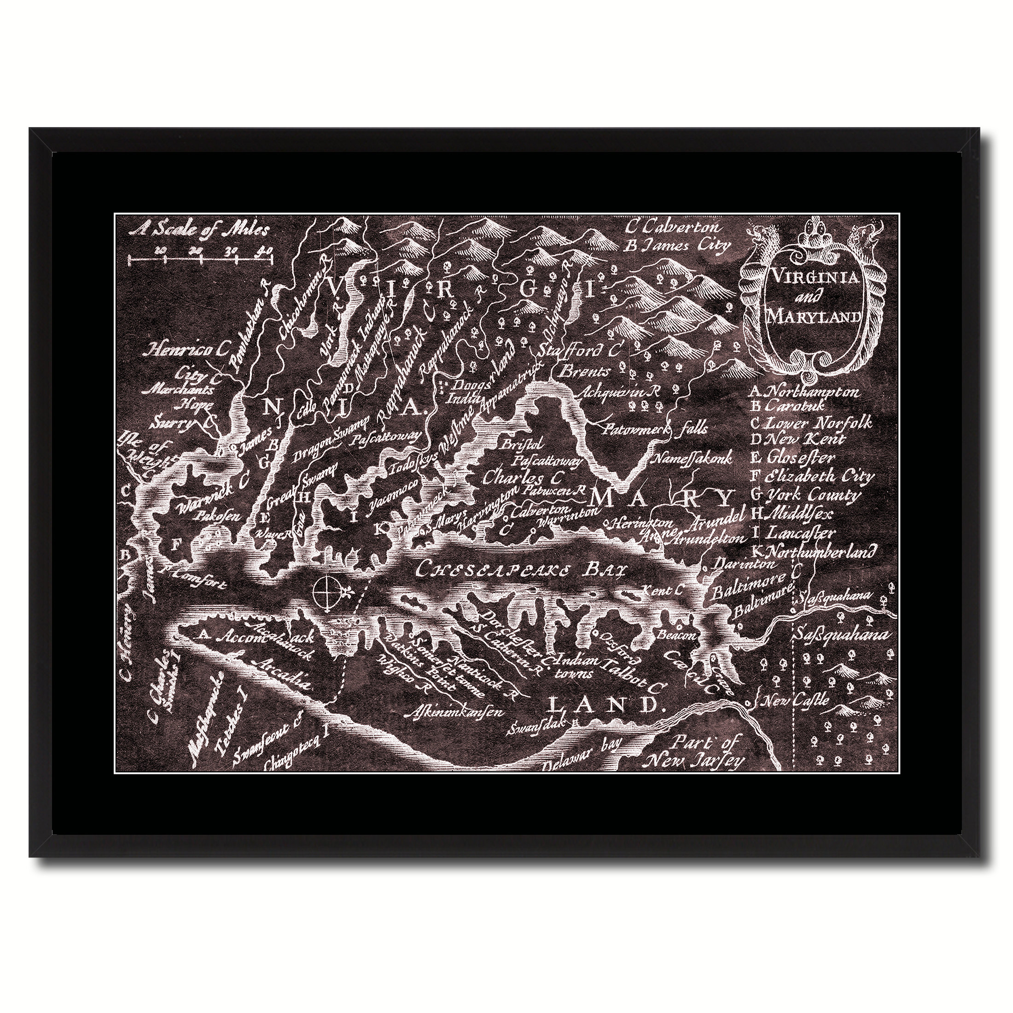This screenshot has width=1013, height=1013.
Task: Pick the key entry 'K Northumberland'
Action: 821,551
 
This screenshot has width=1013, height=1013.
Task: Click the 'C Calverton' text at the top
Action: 673,228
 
